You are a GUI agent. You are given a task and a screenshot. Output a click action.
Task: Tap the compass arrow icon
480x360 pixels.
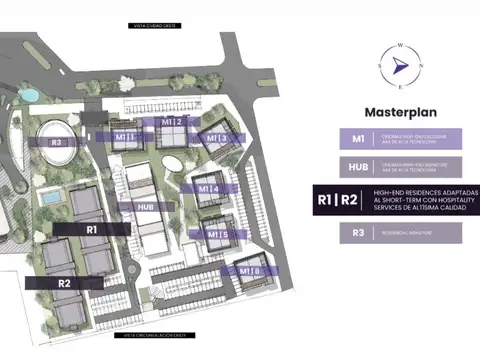400,65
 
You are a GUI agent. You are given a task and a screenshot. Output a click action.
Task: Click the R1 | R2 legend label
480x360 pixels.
337,200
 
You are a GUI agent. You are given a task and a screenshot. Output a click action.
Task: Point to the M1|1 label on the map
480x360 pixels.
125,136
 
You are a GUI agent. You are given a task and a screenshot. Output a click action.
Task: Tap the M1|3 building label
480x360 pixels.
217,137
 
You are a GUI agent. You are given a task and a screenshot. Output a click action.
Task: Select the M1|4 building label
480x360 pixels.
209,188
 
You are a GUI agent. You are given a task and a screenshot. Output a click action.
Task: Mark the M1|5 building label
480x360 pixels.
218,235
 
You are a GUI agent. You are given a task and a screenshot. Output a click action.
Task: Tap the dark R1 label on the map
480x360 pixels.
91,229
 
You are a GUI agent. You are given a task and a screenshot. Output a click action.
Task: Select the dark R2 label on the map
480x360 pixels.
63,283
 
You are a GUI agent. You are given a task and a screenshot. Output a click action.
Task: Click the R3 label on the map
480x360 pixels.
57,143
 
